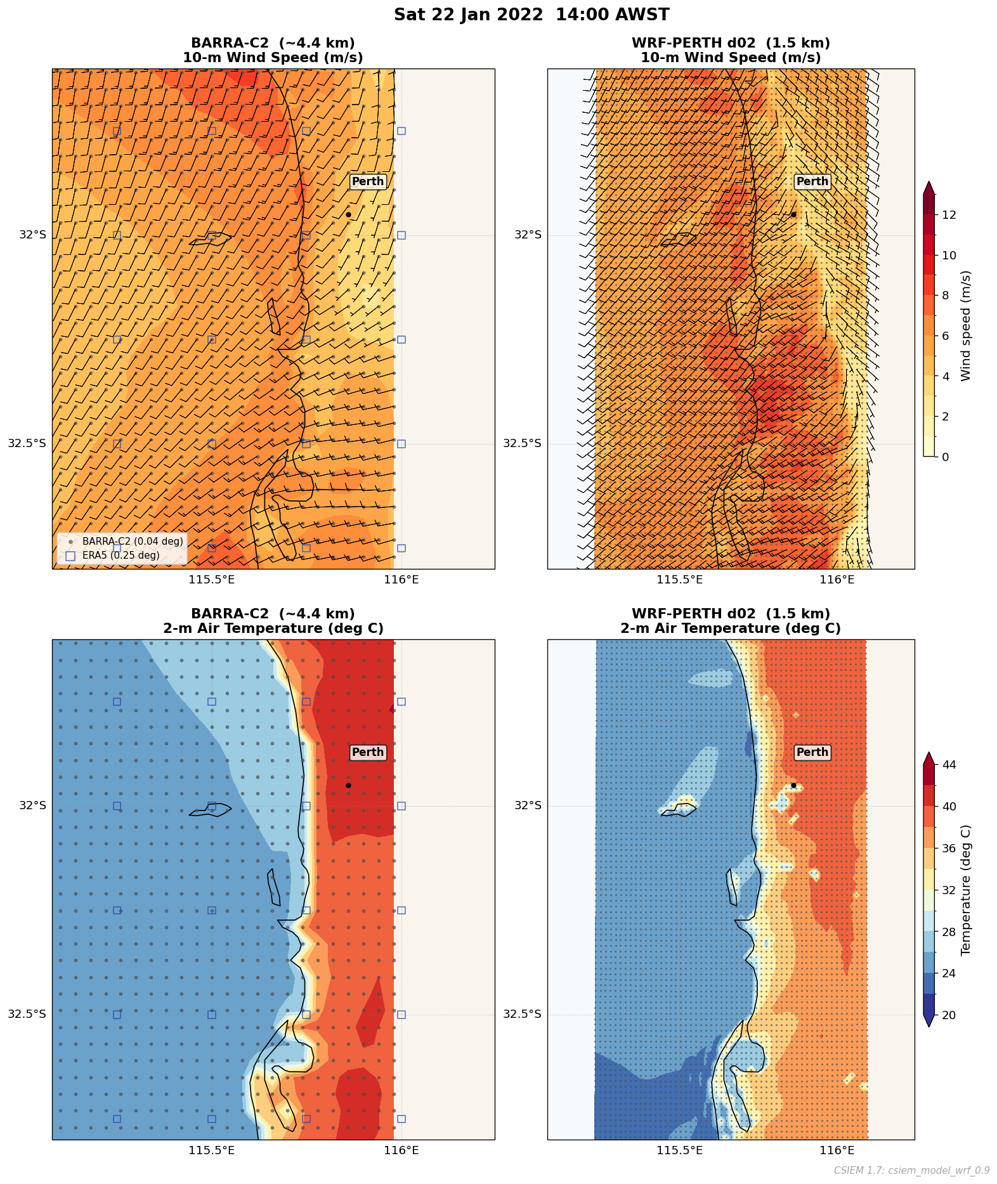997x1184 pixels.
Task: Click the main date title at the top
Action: tap(531, 15)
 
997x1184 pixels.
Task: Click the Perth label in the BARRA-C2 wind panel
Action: tap(368, 181)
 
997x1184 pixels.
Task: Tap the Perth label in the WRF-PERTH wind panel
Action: tap(812, 181)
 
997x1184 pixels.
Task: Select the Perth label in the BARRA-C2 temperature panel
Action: tap(368, 752)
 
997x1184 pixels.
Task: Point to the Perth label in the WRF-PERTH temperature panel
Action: tap(812, 752)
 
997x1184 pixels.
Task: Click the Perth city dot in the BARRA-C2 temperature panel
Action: tap(348, 785)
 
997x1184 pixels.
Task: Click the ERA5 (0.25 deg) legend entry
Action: tap(121, 556)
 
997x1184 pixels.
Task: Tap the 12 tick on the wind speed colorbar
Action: tap(949, 215)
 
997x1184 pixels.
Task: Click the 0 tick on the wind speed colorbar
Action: tap(946, 457)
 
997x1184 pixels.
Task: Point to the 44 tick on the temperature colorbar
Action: tap(949, 765)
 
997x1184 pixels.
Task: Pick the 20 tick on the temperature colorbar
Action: tap(949, 1015)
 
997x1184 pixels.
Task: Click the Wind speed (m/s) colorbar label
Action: tap(966, 325)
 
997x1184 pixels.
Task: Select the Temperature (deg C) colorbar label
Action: tap(966, 890)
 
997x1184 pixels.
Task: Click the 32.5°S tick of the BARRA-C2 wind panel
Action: tap(27, 443)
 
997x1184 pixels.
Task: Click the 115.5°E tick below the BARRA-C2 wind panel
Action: tap(211, 579)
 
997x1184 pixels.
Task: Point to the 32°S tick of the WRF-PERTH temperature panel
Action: tap(528, 805)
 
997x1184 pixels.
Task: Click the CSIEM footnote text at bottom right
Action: tap(911, 1170)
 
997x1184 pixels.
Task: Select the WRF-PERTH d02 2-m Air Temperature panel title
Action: tap(731, 621)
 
